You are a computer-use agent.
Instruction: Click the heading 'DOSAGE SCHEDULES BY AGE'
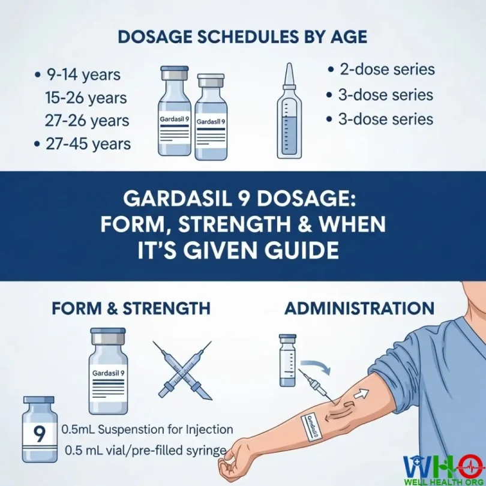click(242, 36)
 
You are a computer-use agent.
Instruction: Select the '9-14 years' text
click(83, 75)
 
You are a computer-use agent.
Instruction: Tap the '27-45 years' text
click(88, 144)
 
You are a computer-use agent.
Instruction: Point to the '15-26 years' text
click(86, 97)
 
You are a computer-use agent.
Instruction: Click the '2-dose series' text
click(386, 70)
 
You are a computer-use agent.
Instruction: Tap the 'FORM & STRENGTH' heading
click(131, 308)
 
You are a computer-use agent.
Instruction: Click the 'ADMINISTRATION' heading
click(359, 308)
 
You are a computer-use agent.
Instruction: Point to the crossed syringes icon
click(184, 369)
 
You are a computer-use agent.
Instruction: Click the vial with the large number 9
click(39, 429)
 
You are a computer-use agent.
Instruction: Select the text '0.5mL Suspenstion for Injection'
click(147, 430)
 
